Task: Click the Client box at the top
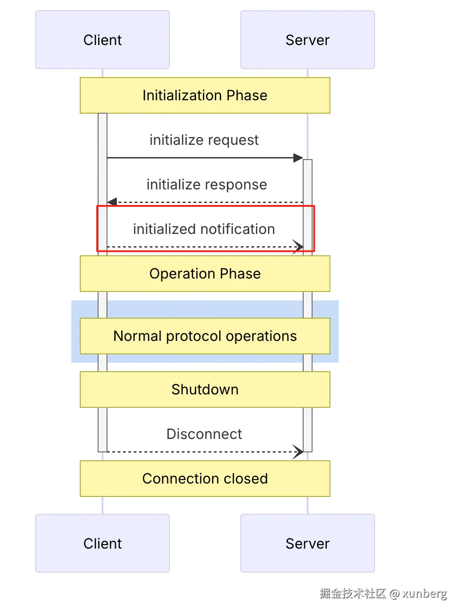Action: [103, 40]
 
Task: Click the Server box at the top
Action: [307, 40]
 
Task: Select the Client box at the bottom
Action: [103, 543]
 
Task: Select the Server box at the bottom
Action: [307, 543]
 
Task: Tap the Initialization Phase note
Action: [205, 95]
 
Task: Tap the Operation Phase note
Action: [205, 274]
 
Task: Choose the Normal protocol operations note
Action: [205, 336]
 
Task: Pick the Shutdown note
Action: [205, 389]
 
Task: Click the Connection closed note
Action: [205, 479]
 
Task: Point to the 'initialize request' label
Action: [204, 140]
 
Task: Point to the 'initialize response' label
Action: [206, 184]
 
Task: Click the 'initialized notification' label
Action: [204, 229]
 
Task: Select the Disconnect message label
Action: [204, 434]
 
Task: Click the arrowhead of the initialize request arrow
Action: [298, 158]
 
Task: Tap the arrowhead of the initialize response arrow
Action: [112, 202]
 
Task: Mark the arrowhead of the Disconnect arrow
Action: [298, 451]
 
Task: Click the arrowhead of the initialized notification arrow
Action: [298, 246]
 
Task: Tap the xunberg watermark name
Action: [424, 594]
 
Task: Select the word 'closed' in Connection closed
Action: [246, 479]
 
